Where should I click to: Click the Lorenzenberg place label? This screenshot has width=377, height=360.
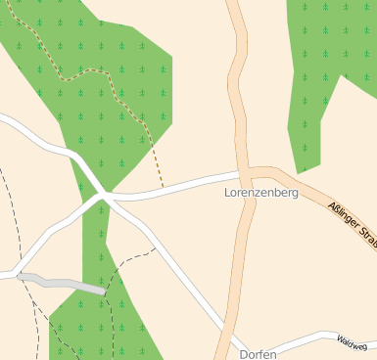261,194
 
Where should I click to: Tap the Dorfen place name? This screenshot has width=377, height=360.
259,354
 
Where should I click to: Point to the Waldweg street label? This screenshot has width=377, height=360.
352,342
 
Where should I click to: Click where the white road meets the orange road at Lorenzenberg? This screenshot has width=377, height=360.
244,173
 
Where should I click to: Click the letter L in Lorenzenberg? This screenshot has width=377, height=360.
228,194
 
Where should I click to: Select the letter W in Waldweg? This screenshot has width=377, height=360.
339,340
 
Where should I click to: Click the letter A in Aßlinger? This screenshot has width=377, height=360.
331,204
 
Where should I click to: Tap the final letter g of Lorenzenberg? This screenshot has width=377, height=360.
294,195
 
